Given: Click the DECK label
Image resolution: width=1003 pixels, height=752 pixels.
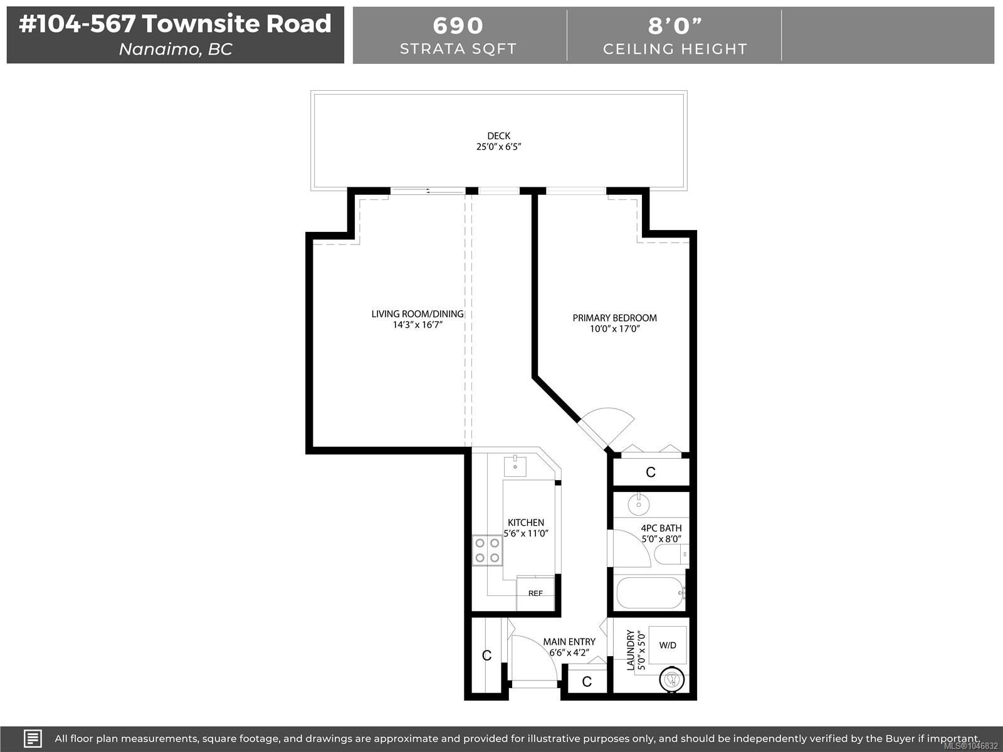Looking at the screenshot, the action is [498, 135].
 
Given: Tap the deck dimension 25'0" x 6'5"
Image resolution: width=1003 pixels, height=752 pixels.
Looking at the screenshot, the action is [498, 147].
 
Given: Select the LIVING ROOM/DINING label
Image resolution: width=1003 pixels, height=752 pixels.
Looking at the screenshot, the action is [417, 314].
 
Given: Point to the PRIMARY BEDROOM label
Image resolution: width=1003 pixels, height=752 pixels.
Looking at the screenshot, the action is [614, 318].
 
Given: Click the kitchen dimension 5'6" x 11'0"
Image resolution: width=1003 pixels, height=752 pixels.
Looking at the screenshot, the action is [526, 533].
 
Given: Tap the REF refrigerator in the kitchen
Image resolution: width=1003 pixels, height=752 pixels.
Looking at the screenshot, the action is [535, 593].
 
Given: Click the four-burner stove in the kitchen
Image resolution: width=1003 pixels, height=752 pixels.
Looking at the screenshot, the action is [487, 550].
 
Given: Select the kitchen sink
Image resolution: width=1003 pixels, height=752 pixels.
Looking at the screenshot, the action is [515, 466].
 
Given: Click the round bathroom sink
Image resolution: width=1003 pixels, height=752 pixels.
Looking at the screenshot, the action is [638, 504].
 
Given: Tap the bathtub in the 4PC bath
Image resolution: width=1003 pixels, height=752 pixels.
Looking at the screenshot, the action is [651, 592].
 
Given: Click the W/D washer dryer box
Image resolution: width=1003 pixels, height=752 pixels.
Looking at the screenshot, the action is [668, 645].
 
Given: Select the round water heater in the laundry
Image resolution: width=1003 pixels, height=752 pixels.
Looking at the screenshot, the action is [672, 680].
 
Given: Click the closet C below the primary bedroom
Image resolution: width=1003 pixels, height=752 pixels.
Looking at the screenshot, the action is [651, 472].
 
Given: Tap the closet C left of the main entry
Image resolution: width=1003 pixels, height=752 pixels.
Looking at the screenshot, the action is [487, 655].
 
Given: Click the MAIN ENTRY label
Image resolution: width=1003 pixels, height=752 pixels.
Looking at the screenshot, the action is [569, 642].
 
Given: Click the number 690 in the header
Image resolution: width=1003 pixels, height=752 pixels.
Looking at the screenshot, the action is [458, 26].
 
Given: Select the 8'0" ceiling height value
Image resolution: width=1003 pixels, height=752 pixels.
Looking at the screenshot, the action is [675, 26].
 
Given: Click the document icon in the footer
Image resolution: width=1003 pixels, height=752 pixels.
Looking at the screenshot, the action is [33, 738].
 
